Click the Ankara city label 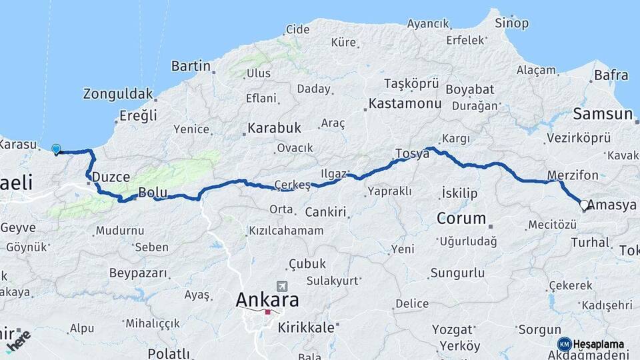coord(267,300)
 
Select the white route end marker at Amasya coord(584,205)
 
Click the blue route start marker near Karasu coord(56,149)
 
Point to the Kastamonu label coord(405,103)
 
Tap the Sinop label coord(511,23)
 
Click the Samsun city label coord(603,114)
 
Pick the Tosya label coord(412,153)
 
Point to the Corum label coord(461,218)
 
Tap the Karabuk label coord(274,127)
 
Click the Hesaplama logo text coord(599,344)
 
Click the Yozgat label coord(452,329)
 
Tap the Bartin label coord(191,66)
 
